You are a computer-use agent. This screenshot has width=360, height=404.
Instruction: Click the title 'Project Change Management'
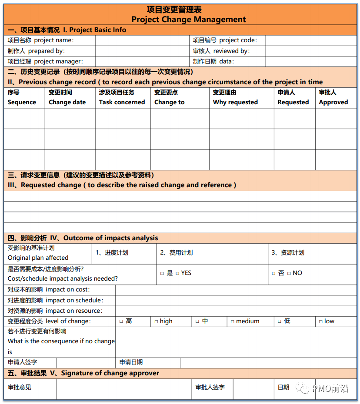189,20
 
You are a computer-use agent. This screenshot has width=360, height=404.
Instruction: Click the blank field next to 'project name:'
143,40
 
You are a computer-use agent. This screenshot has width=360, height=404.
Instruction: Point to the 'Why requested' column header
235,102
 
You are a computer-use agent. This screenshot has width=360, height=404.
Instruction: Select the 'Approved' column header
333,102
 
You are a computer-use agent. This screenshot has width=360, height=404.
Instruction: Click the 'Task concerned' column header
122,102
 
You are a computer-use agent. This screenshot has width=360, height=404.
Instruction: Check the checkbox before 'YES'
177,273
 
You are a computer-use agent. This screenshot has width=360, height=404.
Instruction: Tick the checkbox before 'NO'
289,273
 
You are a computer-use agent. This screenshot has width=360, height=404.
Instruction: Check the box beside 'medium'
233,321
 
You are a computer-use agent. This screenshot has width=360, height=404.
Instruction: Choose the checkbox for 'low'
321,321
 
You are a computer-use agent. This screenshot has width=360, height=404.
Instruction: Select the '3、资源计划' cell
288,253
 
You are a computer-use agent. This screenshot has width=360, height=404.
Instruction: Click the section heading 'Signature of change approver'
110,373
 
